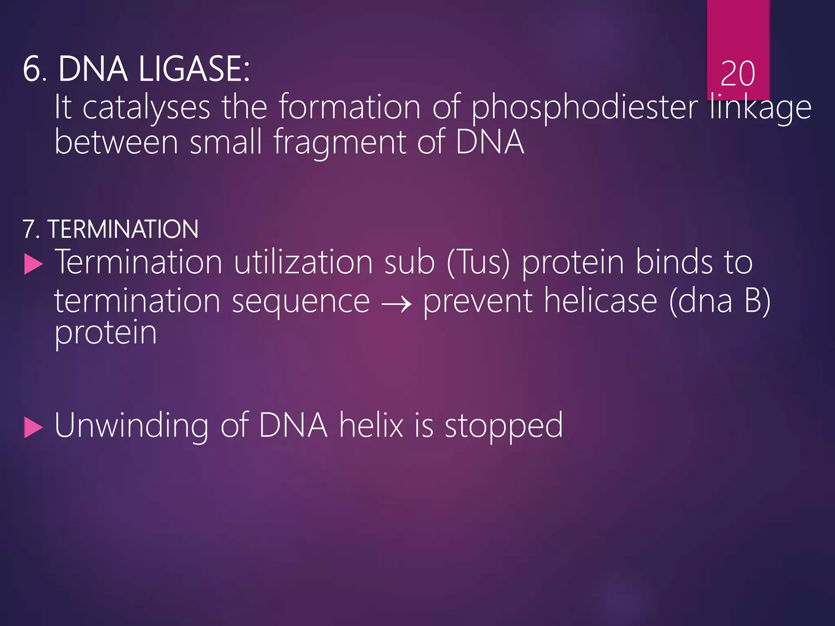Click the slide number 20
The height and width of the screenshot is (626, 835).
click(738, 74)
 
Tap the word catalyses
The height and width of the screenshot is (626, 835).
click(146, 108)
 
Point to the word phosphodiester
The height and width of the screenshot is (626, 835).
click(585, 108)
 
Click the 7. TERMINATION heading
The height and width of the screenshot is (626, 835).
click(110, 229)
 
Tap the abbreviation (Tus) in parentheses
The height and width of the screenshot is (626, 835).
click(478, 263)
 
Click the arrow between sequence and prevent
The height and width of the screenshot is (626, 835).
click(396, 304)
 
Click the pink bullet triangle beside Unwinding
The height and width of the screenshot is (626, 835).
click(33, 428)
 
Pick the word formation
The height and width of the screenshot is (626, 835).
click(349, 107)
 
